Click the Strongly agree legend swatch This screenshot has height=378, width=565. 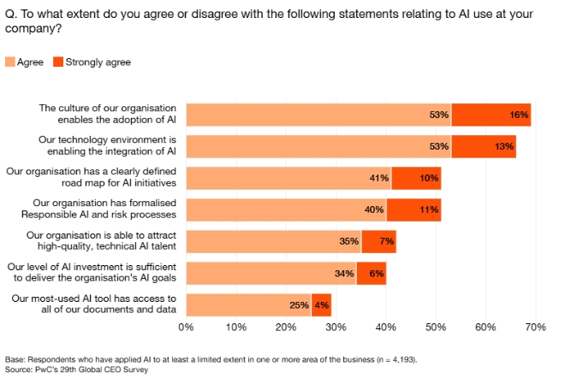pyautogui.click(x=59, y=62)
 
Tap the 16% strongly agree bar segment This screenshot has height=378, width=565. pyautogui.click(x=491, y=115)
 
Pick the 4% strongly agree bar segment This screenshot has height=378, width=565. pyautogui.click(x=321, y=304)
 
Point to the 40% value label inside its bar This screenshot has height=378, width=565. pyautogui.click(x=373, y=210)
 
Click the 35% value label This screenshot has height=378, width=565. pyautogui.click(x=348, y=241)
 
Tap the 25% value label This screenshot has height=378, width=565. pyautogui.click(x=298, y=304)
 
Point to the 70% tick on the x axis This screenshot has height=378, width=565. pyautogui.click(x=535, y=328)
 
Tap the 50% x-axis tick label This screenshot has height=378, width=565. pyautogui.click(x=436, y=328)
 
